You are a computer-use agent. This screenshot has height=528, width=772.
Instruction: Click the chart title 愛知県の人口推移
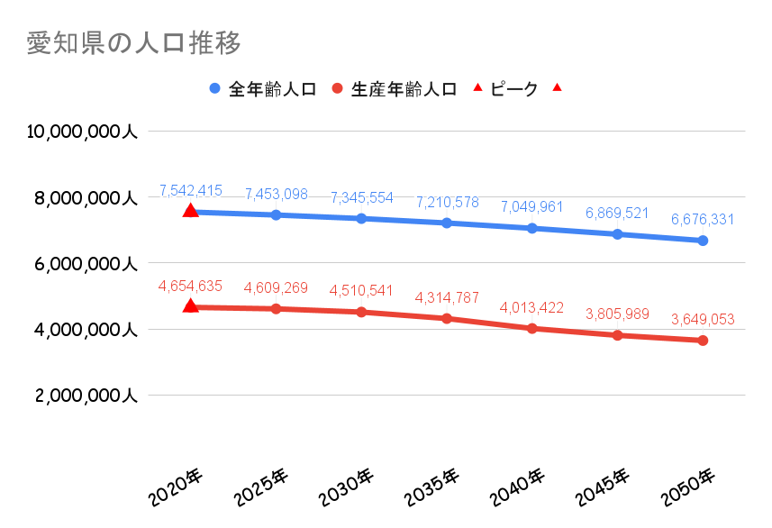point(133,42)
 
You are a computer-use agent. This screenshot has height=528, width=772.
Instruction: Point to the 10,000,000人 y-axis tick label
point(82,132)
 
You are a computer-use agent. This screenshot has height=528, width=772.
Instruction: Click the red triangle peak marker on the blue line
point(190,210)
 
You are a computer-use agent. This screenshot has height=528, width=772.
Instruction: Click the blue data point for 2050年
point(703,241)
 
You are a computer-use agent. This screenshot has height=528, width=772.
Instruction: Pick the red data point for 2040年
point(531,328)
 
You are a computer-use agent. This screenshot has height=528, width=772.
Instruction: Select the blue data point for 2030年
point(361,218)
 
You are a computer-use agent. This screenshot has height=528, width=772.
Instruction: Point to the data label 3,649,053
point(703,319)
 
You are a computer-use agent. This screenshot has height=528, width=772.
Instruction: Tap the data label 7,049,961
point(531,207)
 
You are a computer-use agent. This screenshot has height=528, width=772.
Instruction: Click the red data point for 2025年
point(276,309)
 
